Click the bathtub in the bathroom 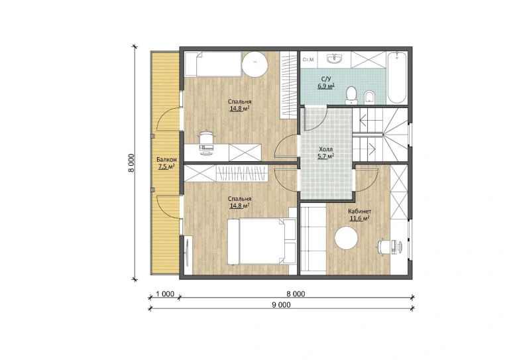click(397, 78)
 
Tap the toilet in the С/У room click(351, 95)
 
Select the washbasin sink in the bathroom click(334, 60)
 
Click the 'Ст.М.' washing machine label click(308, 60)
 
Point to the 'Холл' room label click(325, 149)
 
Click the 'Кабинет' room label click(359, 211)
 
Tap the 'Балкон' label click(166, 159)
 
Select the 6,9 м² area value click(326, 86)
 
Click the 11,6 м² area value click(359, 218)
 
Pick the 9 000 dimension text click(282, 304)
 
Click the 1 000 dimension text click(165, 294)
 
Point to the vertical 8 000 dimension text click(131, 163)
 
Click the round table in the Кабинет click(346, 238)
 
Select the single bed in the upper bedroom click(213, 64)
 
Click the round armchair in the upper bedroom click(254, 64)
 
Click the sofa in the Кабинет click(313, 238)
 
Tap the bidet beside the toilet click(369, 97)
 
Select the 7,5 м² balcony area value click(166, 167)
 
